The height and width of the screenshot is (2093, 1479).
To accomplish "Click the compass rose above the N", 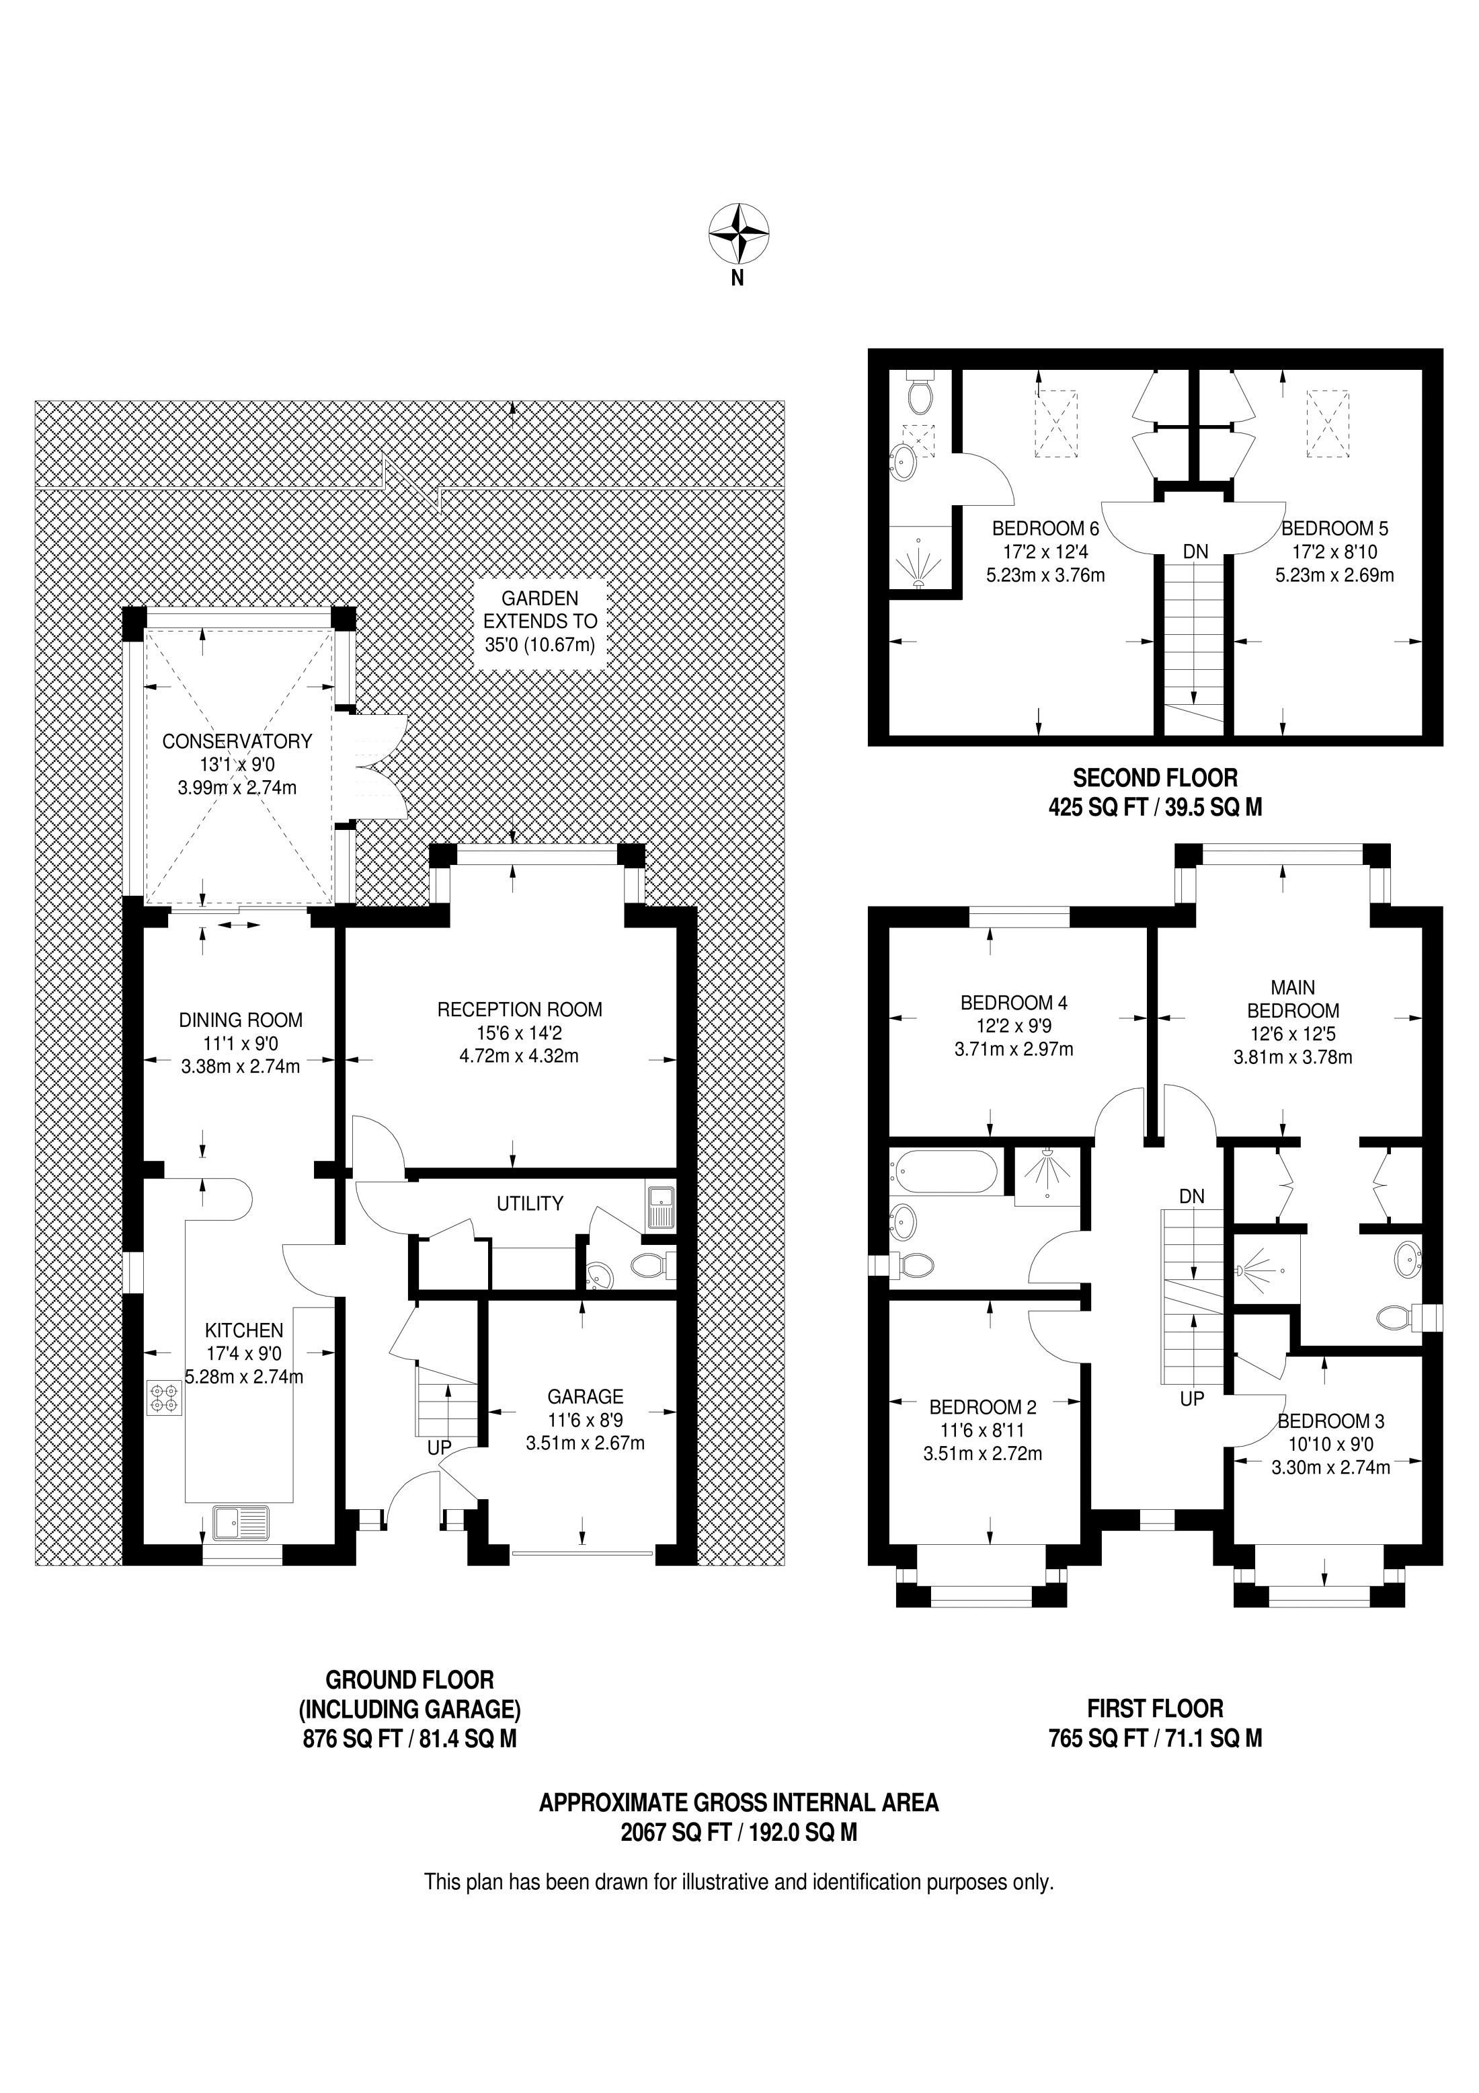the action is [739, 233].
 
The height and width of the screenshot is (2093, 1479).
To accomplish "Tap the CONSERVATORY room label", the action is [237, 741].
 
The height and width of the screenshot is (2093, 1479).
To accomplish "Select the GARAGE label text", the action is [585, 1396].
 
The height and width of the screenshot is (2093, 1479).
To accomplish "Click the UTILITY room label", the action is [530, 1203].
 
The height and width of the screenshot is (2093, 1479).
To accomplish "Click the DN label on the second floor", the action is [1195, 551].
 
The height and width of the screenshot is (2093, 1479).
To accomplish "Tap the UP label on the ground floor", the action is [439, 1447].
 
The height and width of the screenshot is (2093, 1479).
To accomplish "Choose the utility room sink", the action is [659, 1210].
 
